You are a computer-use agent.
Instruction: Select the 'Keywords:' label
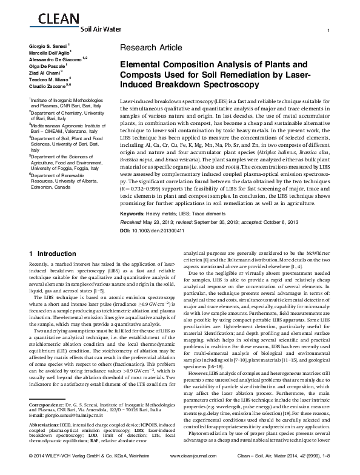(135, 215)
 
